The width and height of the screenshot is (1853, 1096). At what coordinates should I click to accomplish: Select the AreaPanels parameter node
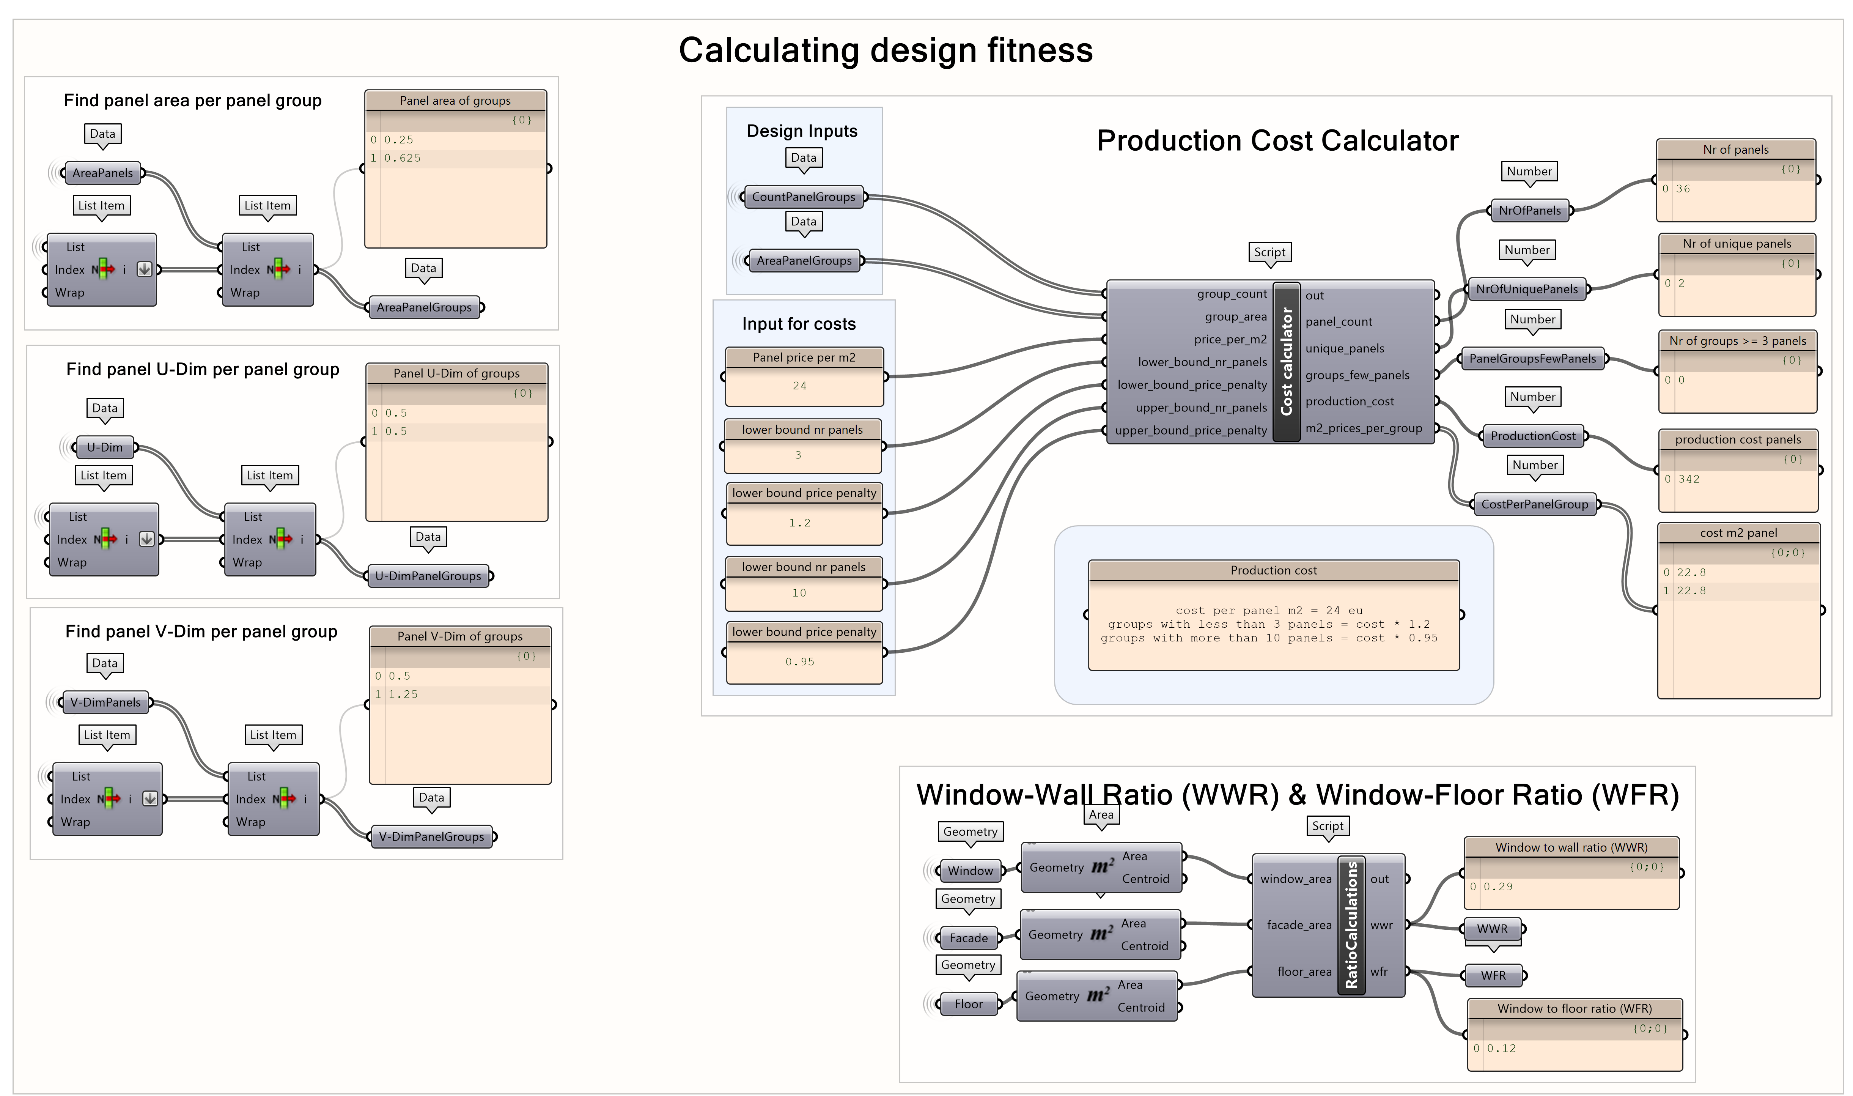click(x=102, y=173)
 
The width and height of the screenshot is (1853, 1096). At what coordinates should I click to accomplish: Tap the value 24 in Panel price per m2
click(x=799, y=386)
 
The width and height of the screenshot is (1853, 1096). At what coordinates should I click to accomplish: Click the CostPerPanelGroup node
click(x=1534, y=504)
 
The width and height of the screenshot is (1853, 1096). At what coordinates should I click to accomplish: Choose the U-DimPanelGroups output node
click(x=428, y=576)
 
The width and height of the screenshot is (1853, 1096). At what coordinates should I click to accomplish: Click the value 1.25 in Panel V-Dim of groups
click(x=403, y=694)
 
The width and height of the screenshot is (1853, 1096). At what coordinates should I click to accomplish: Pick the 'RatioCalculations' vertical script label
click(x=1351, y=925)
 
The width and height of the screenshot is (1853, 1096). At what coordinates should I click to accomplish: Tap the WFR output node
click(x=1493, y=976)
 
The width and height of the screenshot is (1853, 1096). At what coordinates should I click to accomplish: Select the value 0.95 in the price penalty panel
click(x=799, y=662)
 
